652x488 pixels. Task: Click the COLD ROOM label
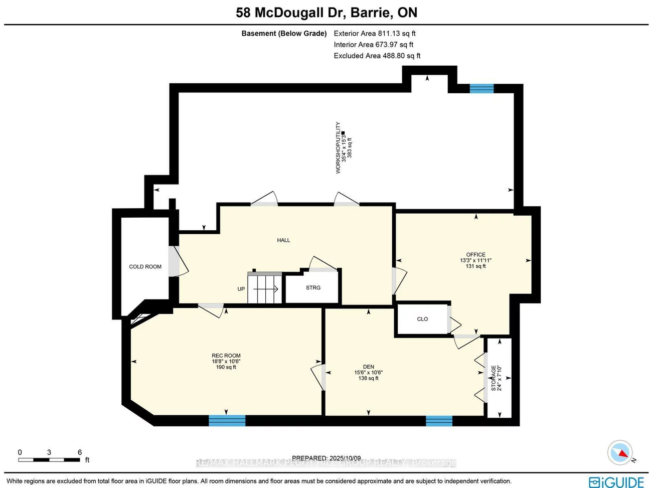coord(145,267)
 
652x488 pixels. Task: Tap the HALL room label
coord(283,240)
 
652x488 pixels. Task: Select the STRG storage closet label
coord(313,288)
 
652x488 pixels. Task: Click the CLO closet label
coord(422,319)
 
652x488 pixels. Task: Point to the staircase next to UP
coord(265,289)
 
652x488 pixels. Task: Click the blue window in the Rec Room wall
coord(227,420)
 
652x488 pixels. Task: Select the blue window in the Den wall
coord(439,421)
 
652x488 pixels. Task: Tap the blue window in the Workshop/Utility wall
coord(481,89)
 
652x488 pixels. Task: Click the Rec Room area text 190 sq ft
coord(226,367)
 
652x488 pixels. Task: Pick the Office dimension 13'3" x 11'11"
coord(475,261)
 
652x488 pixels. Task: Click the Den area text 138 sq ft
coord(368,378)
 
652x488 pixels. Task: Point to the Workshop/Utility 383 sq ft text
coord(350,148)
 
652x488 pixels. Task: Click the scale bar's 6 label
coord(79,452)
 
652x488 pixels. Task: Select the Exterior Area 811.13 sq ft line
coord(375,34)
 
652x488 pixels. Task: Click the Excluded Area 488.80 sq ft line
coord(377,56)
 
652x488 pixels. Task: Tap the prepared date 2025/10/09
coord(345,458)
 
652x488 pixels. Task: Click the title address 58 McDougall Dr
coord(290,13)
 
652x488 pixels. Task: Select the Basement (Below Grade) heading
coord(284,34)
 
